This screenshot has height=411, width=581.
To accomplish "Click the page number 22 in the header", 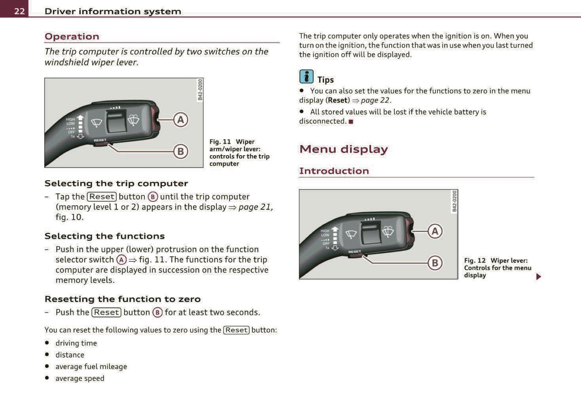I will point(19,11).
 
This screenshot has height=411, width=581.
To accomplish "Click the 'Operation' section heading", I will point(72,37).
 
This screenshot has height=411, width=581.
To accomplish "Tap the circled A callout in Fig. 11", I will point(181,120).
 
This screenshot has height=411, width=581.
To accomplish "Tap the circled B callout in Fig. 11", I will point(181,151).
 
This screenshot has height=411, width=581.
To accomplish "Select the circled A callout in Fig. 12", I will point(435,231).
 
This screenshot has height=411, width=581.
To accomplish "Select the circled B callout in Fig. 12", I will point(435,263).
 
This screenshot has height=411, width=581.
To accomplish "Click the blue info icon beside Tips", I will point(306,76).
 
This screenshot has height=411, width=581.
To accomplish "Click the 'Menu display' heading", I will point(343,149).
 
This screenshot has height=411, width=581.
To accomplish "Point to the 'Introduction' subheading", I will point(334,171).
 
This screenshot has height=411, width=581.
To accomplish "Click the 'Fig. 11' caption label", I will point(220,142).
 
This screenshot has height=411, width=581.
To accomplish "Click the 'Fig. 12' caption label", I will point(474,260).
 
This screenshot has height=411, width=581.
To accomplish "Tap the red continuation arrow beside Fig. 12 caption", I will point(538,276).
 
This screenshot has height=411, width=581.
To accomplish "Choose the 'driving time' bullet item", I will point(76,343).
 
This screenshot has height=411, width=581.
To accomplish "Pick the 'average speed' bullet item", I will point(80,378).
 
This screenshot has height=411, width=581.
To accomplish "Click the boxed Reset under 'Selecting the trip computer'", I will point(102,196).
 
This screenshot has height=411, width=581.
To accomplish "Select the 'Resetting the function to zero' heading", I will point(123,299).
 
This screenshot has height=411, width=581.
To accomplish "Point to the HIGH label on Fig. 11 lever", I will point(70,119).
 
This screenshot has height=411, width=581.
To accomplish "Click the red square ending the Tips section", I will point(351,122).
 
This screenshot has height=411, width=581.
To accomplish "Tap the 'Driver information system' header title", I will point(113,11).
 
